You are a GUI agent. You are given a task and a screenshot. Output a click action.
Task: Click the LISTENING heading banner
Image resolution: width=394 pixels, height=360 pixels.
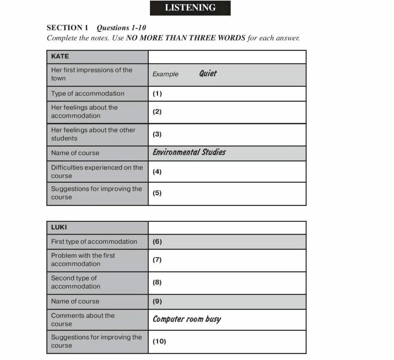[x=190, y=8]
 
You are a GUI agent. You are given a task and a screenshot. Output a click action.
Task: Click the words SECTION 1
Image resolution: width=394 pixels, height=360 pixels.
[x=67, y=28]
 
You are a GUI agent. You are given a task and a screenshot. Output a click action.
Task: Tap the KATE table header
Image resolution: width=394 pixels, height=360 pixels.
[x=60, y=56]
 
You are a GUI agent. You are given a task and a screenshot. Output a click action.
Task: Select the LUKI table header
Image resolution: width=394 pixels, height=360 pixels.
[x=59, y=227]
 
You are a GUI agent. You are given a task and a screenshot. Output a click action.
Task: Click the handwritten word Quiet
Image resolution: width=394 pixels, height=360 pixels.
[x=208, y=73]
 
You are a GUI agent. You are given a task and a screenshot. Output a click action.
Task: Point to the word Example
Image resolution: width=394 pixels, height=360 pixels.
[x=165, y=74]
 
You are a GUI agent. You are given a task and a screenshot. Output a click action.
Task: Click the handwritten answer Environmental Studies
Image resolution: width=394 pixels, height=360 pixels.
[x=189, y=152]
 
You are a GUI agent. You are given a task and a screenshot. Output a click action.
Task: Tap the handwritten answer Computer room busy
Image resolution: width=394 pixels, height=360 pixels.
[x=187, y=319]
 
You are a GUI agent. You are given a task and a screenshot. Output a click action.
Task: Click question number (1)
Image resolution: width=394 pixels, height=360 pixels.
[x=157, y=93]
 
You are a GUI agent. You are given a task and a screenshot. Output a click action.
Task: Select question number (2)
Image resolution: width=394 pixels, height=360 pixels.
[x=157, y=112]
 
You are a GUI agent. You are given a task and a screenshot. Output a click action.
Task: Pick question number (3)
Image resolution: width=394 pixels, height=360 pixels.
[x=157, y=134]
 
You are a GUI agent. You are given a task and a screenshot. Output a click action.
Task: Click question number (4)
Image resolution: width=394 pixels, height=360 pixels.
[x=157, y=172]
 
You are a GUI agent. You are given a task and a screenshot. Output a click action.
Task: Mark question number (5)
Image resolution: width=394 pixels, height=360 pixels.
[x=157, y=193]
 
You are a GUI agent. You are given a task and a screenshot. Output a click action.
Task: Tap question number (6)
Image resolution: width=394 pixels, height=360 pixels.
[x=157, y=242]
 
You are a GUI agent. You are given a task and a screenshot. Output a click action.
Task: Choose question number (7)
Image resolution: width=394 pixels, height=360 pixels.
[x=157, y=260]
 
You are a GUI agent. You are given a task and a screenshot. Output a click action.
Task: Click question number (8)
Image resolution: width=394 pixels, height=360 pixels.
[x=157, y=282]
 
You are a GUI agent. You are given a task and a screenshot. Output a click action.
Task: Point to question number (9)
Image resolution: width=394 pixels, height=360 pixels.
[x=157, y=302]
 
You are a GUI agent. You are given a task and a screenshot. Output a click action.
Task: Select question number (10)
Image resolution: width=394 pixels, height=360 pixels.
[x=159, y=341]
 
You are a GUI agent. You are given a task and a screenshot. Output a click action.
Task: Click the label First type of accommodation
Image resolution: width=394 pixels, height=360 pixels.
[x=94, y=242]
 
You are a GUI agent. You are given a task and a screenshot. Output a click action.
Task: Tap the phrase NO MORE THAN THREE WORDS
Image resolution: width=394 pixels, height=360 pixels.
[x=185, y=38]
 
